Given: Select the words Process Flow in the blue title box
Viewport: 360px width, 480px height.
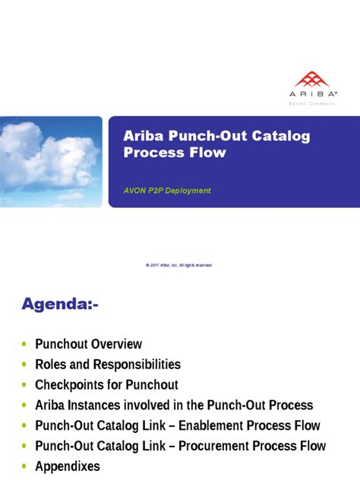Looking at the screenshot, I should click(x=174, y=153).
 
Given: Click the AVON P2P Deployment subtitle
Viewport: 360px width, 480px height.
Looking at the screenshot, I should click(x=167, y=191).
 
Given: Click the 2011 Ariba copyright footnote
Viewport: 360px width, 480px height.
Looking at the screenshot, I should click(x=179, y=265).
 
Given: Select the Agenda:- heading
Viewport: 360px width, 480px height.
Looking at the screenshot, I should click(x=59, y=305).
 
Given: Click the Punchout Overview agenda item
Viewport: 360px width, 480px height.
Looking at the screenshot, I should click(x=88, y=344).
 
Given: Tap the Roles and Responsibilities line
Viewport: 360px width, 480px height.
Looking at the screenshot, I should click(x=108, y=365).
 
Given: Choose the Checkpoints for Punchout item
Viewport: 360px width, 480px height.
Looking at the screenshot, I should click(x=106, y=385).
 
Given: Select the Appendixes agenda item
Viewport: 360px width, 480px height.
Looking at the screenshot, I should click(x=68, y=466).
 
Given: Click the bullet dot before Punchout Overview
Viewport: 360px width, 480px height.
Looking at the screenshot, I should click(x=25, y=345).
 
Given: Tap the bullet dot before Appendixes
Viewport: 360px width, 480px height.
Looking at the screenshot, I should click(x=25, y=467).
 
